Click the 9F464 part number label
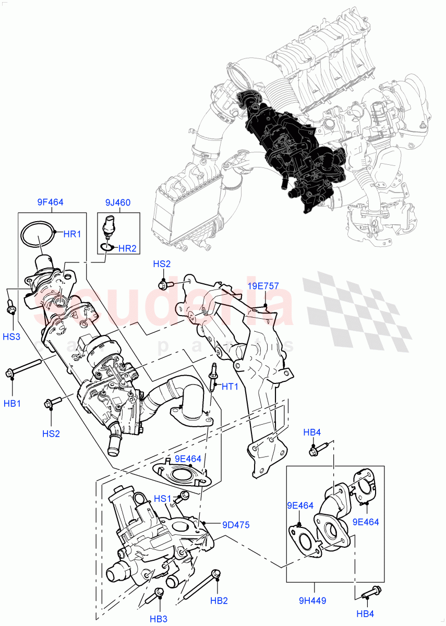click(x=50, y=202)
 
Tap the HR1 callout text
click(x=72, y=234)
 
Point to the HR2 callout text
click(x=127, y=249)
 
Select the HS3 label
click(x=11, y=337)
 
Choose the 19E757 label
click(x=263, y=286)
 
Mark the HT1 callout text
click(x=230, y=387)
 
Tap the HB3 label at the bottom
click(x=159, y=619)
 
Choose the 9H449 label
click(x=312, y=600)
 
